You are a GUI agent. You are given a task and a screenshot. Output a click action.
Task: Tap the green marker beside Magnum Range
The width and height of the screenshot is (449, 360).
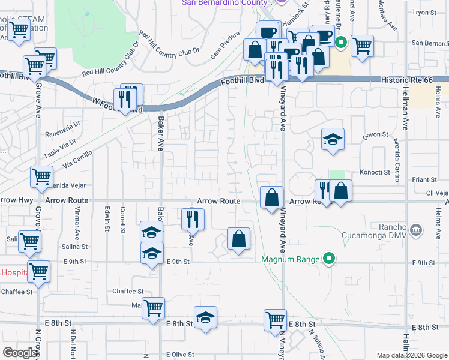[x=328, y=259]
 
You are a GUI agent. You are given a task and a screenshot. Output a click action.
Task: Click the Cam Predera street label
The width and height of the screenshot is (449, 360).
[x=224, y=51]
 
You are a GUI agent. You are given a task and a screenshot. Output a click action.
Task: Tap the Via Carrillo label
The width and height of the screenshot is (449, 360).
[x=77, y=158]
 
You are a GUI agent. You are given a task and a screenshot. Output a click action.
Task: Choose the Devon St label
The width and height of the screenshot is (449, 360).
[x=375, y=136]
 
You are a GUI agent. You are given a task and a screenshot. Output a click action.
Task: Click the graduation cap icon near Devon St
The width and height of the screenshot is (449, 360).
[x=333, y=140]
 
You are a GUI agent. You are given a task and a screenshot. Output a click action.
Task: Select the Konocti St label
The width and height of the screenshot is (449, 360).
[x=375, y=172]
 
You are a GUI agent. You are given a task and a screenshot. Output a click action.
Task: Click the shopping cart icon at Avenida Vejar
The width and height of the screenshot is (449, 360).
[x=41, y=177]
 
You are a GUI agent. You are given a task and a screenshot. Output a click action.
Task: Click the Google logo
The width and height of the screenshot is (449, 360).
[x=20, y=353]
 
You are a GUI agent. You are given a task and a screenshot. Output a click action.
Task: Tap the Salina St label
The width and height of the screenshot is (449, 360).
[x=75, y=247]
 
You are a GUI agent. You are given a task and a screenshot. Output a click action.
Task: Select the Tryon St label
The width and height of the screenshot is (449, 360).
[x=424, y=12]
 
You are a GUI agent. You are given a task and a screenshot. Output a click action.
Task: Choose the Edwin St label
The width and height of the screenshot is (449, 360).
[x=107, y=218]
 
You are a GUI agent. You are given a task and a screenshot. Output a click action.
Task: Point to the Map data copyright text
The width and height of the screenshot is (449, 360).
[x=412, y=355]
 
